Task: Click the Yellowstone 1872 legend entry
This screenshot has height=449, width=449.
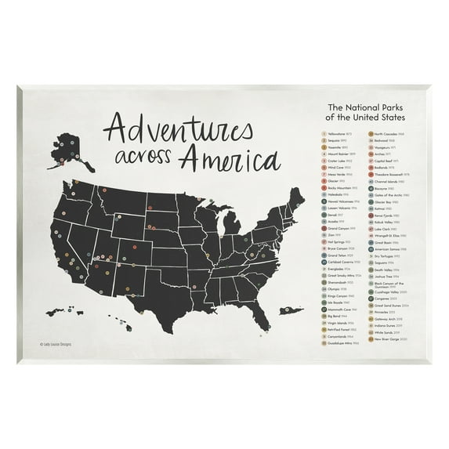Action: (x=314, y=134)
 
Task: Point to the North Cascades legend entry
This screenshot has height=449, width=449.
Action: (x=383, y=134)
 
